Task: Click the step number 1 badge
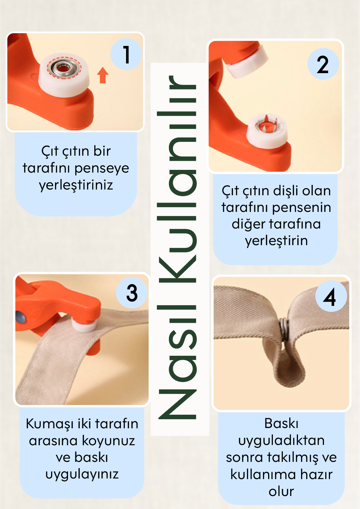[x=126, y=54]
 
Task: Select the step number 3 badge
[x=131, y=293]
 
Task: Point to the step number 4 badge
[x=331, y=296]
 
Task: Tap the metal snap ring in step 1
[x=64, y=67]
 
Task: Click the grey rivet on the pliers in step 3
[x=21, y=316]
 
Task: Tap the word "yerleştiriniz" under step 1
[x=76, y=185]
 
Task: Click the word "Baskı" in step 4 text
[x=281, y=423]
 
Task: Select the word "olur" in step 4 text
[x=281, y=491]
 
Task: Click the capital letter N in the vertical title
[x=177, y=404]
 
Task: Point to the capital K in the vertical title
[x=177, y=270]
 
